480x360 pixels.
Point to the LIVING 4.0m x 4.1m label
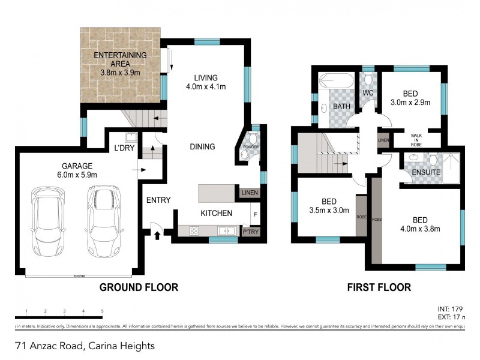[205, 82]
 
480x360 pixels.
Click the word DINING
[202, 146]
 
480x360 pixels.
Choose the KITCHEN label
[212, 213]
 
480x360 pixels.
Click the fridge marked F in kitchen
[256, 214]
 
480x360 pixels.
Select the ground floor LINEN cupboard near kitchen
[248, 193]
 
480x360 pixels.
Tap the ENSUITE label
[426, 172]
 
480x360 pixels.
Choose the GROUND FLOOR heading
[139, 287]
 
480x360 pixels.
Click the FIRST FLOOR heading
[379, 287]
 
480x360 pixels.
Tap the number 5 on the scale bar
[102, 311]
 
